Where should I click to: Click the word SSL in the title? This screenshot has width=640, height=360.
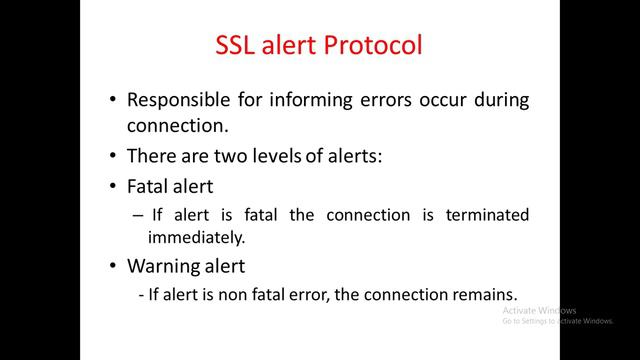coord(240,46)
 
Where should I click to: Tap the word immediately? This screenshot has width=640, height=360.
coord(196,238)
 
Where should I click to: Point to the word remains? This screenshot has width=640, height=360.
coord(486,295)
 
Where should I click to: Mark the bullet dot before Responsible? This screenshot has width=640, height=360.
coord(113,101)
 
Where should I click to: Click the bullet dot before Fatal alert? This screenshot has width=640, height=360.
coord(113,186)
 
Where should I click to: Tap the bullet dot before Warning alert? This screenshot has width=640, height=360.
coord(113,268)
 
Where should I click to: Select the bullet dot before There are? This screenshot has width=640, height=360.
coord(113,157)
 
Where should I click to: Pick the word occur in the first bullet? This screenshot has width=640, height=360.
coord(446,100)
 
